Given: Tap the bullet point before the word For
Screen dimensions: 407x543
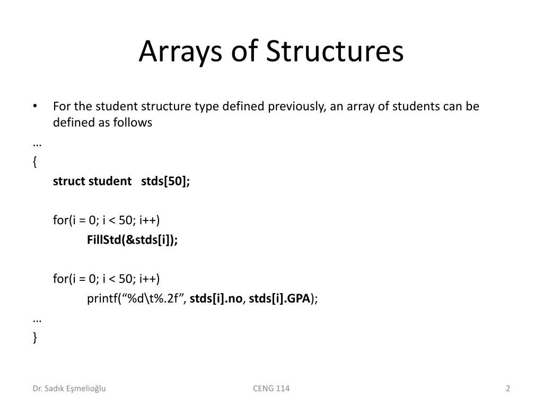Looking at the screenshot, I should click(x=34, y=106).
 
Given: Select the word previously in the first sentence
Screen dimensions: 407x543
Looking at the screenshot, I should click(x=296, y=106).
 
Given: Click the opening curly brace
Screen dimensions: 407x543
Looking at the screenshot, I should click(x=34, y=162).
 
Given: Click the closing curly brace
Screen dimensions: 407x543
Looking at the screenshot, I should click(x=34, y=338).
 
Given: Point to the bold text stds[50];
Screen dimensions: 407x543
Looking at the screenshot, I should click(x=165, y=181).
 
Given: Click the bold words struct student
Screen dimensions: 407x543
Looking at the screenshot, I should click(x=92, y=181).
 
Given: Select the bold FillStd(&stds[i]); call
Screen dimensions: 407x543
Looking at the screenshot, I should click(x=133, y=240).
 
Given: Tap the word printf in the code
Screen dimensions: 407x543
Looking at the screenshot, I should click(x=101, y=298).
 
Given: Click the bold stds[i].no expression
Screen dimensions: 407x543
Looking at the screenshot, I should click(x=216, y=298).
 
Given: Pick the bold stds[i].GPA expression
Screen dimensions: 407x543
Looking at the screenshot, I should click(x=279, y=298).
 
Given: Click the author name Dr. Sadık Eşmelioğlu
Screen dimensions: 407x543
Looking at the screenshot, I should click(x=69, y=388).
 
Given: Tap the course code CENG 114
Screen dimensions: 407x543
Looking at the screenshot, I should click(x=271, y=388).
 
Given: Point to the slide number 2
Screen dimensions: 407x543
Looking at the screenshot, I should click(x=508, y=388).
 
